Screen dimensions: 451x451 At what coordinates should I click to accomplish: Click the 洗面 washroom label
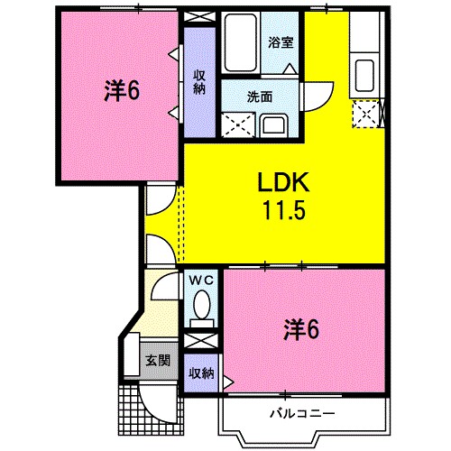[261, 97]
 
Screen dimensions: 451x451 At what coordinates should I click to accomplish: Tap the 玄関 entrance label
[158, 361]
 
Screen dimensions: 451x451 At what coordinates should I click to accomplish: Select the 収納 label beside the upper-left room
[199, 82]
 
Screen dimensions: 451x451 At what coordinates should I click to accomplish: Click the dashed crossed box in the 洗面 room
[238, 123]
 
